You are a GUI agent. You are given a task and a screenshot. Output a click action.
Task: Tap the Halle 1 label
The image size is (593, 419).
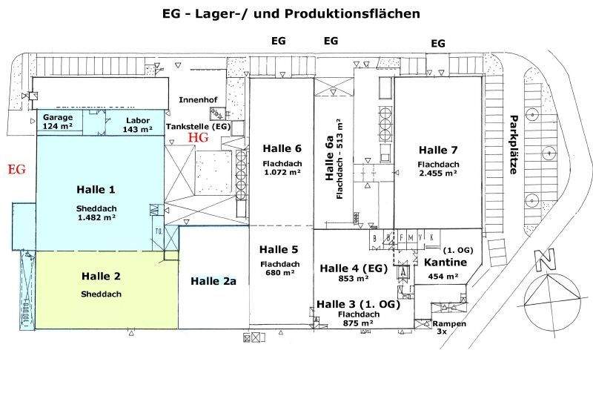point(97,190)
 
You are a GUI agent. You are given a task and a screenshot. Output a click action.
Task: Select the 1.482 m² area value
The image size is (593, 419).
point(97,218)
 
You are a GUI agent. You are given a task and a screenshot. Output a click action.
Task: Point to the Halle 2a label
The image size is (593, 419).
point(213,280)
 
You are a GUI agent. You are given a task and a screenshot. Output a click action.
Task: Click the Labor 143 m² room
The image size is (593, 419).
point(137,124)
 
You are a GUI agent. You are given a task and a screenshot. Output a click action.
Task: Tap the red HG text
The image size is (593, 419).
point(198,137)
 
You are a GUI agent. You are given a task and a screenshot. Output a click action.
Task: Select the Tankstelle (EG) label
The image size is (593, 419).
point(199,126)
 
